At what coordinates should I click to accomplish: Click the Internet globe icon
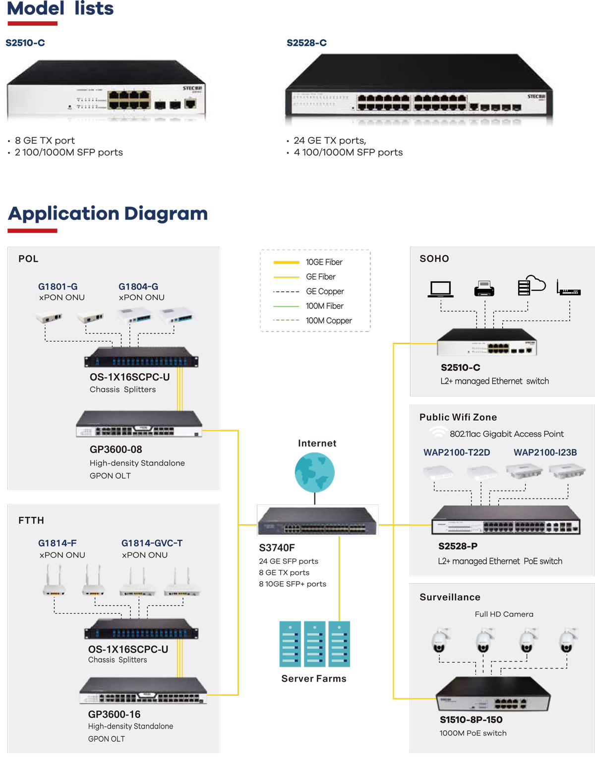pos(314,472)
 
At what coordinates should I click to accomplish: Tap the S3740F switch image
pos(317,521)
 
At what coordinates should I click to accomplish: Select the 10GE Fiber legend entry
pos(324,262)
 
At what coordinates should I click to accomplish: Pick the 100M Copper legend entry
pos(328,321)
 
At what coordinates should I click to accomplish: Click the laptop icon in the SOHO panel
pos(440,289)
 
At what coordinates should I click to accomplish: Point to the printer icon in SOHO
pos(484,288)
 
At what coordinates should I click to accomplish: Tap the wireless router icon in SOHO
pos(568,289)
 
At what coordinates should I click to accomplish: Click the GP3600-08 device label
pos(116,449)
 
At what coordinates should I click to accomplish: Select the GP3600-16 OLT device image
pos(143,691)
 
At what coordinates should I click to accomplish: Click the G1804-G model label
pos(138,286)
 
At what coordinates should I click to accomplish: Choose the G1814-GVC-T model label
pos(152,543)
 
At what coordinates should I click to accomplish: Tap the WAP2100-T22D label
pos(457,452)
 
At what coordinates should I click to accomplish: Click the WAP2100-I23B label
pos(545,452)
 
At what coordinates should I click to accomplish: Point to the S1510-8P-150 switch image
pos(492,694)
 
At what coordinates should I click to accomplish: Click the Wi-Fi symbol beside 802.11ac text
pos(438,432)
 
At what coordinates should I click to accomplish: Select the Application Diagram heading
pos(108,214)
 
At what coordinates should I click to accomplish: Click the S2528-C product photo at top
pos(419,89)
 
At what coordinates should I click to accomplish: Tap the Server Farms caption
pos(314,679)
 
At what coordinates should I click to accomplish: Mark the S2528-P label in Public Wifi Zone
pos(458,546)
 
